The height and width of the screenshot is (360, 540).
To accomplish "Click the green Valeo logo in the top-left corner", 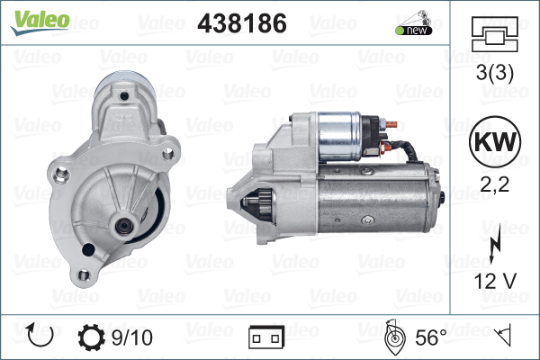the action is [40, 22].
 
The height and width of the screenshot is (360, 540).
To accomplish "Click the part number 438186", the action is [242, 23].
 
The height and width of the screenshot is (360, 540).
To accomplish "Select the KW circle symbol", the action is [495, 141].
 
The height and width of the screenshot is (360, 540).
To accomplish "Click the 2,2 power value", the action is [494, 185].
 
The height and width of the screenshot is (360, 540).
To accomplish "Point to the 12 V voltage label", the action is [495, 281].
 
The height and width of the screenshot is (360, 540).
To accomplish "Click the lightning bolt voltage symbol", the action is [494, 243].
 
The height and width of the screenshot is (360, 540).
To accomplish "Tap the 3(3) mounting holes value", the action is [495, 73].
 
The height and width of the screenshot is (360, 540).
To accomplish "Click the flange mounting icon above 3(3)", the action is [495, 34].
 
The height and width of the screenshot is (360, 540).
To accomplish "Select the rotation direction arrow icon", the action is [40, 335].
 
